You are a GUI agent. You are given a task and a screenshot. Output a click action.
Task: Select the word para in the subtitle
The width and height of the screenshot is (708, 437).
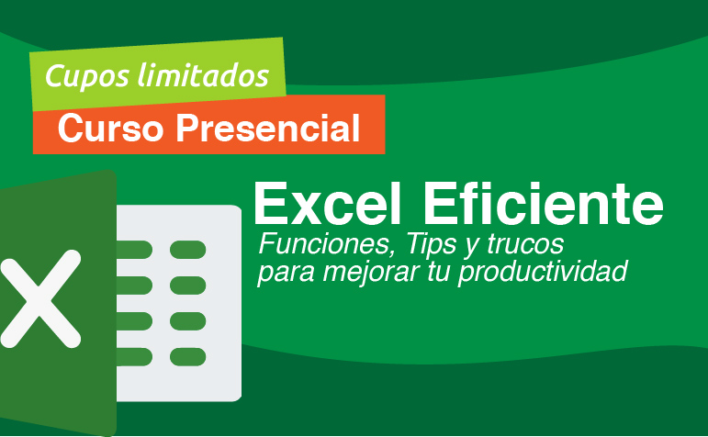pos(280,272)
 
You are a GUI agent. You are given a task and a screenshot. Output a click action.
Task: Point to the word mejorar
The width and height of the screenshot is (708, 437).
pos(355,272)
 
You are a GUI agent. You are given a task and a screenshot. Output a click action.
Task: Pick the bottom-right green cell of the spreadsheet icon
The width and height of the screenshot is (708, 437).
pos(188,356)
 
